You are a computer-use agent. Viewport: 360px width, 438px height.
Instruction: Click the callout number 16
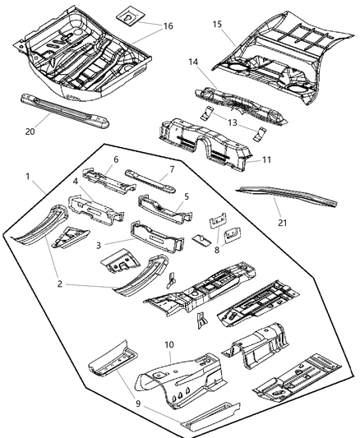click(x=168, y=27)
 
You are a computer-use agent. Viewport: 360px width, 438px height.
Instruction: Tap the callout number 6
click(x=115, y=159)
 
